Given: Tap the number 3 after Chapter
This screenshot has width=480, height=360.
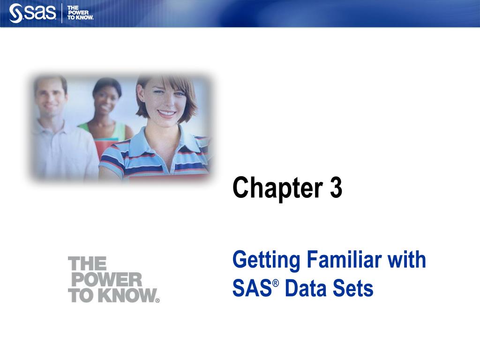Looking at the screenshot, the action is click(x=336, y=187).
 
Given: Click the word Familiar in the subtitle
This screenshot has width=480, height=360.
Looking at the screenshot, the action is click(x=344, y=259).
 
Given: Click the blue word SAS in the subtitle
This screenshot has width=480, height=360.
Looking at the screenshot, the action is click(x=252, y=288).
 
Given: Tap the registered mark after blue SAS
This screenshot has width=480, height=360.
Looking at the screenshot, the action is click(x=276, y=283).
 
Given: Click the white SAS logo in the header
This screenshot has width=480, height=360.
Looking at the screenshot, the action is click(x=32, y=13).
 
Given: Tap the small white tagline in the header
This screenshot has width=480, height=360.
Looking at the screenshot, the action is click(x=80, y=13).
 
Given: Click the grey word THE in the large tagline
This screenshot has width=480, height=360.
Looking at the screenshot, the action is click(x=87, y=263).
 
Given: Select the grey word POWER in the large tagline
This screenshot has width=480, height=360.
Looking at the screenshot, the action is click(x=106, y=279).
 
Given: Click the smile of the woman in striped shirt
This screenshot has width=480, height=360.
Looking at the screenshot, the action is click(x=166, y=114).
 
